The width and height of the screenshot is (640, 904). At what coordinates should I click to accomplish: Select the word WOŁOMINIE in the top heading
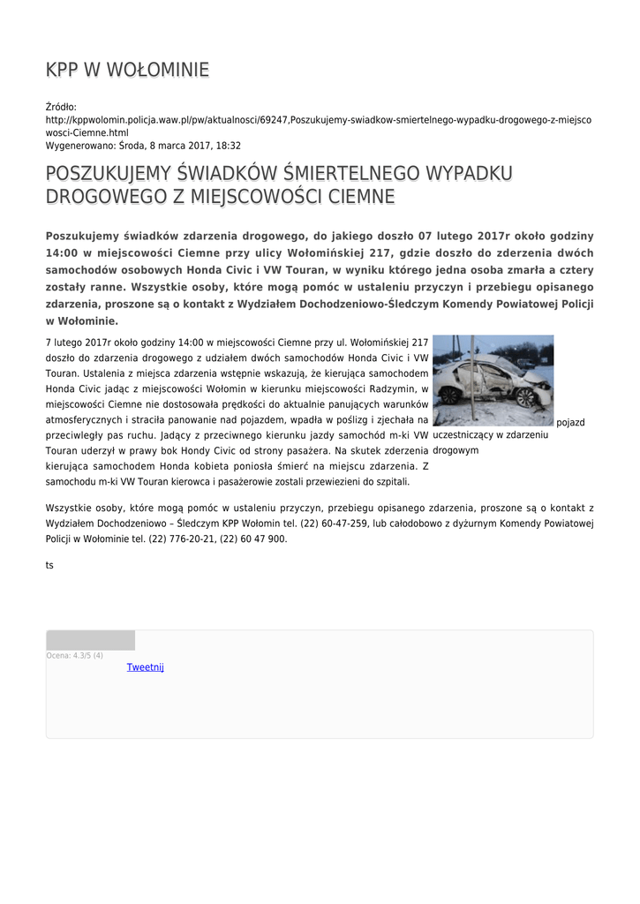(x=160, y=69)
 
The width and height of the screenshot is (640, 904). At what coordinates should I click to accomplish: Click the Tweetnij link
(x=146, y=667)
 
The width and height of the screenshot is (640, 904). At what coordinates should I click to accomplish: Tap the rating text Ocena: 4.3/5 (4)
(x=74, y=655)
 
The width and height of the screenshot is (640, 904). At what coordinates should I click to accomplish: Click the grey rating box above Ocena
(x=90, y=640)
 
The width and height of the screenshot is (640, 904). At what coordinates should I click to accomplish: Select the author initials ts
(x=49, y=565)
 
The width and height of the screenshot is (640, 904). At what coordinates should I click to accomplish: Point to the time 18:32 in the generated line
(x=229, y=146)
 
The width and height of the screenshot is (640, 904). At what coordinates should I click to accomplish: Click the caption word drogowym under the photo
(x=456, y=450)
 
